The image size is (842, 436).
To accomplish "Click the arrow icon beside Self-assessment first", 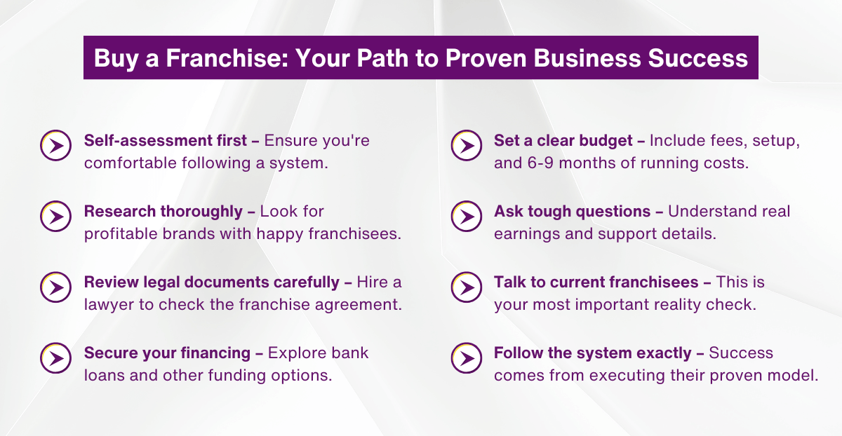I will (56, 145).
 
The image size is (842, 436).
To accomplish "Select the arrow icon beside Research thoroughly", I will (56, 216).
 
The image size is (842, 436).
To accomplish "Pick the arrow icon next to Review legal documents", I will (56, 287).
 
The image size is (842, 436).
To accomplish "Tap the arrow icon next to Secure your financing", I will (56, 358).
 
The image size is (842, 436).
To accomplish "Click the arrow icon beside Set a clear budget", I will (466, 145).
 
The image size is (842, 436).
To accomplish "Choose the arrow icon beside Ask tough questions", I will (466, 216).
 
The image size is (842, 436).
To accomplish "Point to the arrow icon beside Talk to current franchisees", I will (466, 287).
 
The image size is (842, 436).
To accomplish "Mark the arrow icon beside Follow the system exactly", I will (466, 358).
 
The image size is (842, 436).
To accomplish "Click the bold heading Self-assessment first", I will (166, 140).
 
